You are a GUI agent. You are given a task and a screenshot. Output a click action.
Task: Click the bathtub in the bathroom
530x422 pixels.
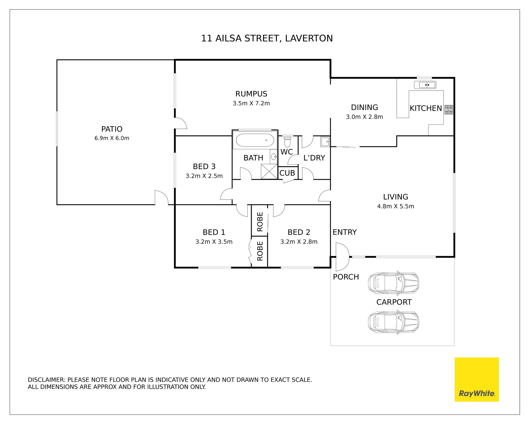[x=255, y=140]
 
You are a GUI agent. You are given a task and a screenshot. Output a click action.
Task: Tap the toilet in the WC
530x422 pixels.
[x=288, y=141]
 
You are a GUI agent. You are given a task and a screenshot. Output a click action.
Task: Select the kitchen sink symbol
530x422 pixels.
[x=425, y=85]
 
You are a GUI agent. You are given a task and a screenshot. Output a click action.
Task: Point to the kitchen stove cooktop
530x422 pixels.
[x=449, y=110]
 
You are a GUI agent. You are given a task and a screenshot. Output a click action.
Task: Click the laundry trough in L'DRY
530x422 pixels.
[x=325, y=142]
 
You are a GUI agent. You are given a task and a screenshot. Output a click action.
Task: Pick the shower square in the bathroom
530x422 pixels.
[x=269, y=171]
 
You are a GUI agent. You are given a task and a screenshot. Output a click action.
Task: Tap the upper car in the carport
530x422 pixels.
[x=393, y=283]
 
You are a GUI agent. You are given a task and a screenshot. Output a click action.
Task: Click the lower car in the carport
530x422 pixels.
[x=393, y=322]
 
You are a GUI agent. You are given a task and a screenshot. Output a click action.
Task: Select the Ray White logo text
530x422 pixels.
[x=477, y=393]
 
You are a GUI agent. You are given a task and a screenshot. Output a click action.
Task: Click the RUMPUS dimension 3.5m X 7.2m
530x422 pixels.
[x=251, y=103]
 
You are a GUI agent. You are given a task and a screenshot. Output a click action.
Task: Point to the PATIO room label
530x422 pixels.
[x=112, y=129]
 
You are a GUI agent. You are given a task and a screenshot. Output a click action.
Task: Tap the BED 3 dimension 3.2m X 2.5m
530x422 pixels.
[x=204, y=176]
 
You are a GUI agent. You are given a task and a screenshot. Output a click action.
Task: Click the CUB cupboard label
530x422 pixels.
[x=287, y=173]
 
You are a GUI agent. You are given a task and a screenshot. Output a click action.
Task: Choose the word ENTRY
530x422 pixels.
[x=344, y=232]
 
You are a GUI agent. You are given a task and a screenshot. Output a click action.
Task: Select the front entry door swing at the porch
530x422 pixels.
[x=342, y=257]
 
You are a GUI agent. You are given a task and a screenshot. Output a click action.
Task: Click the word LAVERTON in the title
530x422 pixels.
[x=309, y=38]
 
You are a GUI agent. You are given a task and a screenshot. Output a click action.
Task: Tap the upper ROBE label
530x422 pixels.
[x=260, y=222]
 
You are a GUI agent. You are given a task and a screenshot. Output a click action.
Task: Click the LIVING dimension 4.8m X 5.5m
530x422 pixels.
[x=396, y=206]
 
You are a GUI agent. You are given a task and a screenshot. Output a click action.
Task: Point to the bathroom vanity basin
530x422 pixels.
[x=274, y=157]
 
